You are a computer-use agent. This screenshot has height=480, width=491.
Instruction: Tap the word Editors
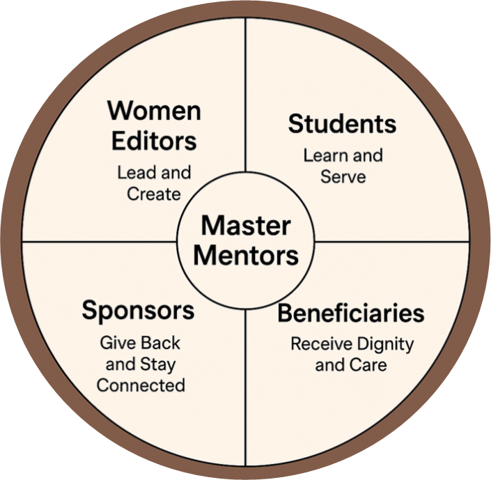[x=153, y=141]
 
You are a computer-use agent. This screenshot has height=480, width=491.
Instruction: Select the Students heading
[x=342, y=125]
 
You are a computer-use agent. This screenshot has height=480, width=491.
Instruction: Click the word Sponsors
[x=138, y=311]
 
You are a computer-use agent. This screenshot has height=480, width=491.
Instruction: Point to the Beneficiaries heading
[x=350, y=313]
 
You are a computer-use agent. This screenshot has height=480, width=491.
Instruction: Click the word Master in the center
[x=246, y=226]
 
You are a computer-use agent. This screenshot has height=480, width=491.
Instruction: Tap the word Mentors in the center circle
[x=246, y=255]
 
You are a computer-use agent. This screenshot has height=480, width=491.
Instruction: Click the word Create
[x=154, y=194]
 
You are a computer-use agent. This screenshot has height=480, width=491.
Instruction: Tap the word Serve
[x=343, y=176]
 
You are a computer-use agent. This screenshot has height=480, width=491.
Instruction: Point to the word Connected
[x=141, y=385]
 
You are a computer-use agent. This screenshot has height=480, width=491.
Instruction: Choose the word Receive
[x=319, y=343]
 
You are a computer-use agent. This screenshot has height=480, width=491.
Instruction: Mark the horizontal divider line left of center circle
[x=98, y=241]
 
